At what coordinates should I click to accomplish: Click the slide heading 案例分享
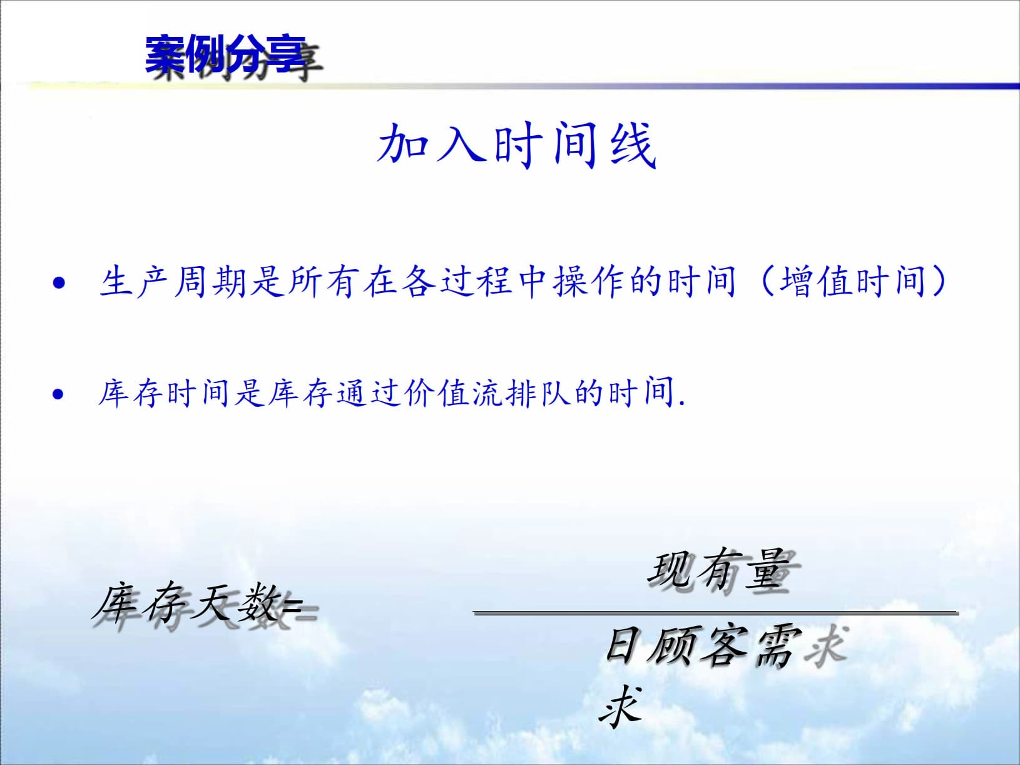[225, 55]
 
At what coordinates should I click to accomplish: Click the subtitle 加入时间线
[516, 145]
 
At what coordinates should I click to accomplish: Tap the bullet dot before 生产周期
[59, 284]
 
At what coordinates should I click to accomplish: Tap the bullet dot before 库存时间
[58, 394]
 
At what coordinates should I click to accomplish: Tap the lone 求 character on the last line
[621, 706]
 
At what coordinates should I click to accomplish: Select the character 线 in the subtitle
[632, 145]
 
